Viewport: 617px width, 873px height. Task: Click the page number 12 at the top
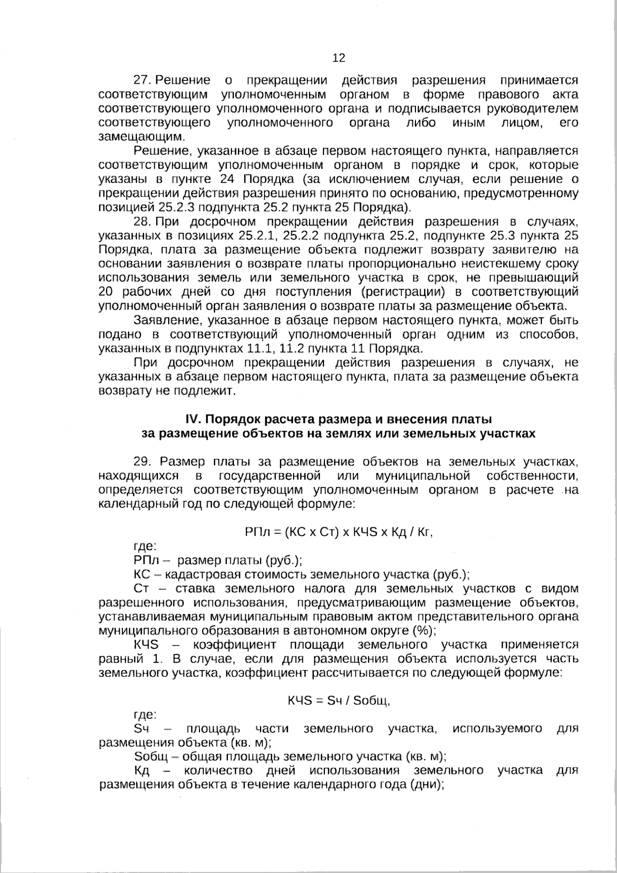click(339, 58)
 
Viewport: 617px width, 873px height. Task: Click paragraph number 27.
click(141, 80)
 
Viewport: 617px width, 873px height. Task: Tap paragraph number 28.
click(141, 222)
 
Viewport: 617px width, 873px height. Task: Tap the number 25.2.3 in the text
click(177, 208)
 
